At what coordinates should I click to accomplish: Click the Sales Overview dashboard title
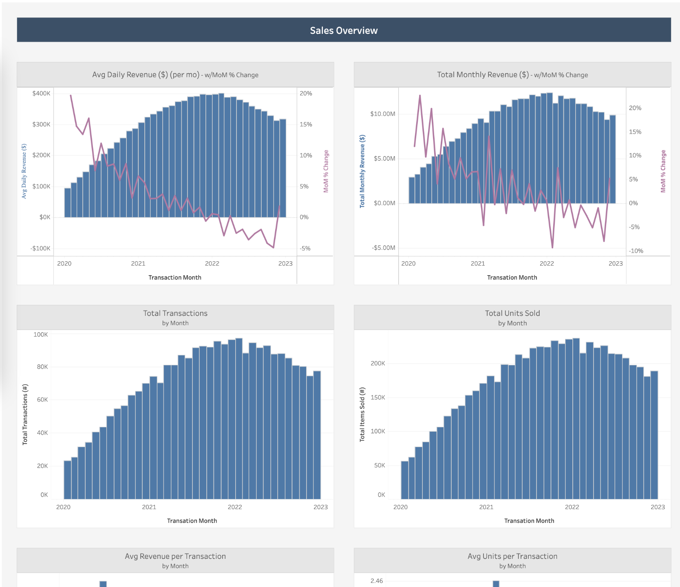[344, 31]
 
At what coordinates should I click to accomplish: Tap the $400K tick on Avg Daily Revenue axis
[41, 93]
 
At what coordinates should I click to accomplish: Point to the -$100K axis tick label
[40, 248]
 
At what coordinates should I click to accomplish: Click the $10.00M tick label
[382, 114]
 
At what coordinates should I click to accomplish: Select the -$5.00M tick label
[383, 248]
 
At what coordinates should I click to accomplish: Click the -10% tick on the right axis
[636, 251]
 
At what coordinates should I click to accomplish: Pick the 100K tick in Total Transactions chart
[40, 335]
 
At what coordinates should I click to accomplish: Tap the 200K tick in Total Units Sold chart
[378, 363]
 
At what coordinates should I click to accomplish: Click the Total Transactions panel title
[175, 313]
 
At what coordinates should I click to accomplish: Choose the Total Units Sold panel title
[512, 313]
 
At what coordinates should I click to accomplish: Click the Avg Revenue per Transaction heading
[175, 556]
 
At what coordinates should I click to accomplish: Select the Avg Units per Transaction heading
[512, 556]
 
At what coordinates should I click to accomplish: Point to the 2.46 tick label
[377, 581]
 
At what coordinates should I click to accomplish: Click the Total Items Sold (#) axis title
[362, 414]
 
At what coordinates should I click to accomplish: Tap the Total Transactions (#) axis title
[25, 414]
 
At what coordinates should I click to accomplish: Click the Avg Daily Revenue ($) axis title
[24, 171]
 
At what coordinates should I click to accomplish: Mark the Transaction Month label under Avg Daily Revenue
[174, 278]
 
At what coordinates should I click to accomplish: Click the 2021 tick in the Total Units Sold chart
[486, 507]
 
